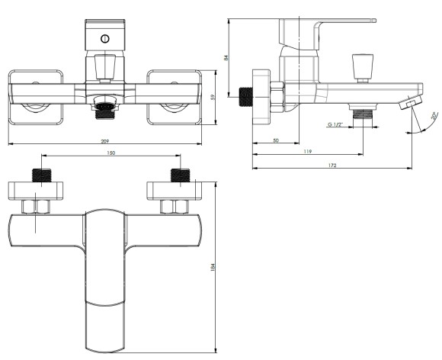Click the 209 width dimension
pyautogui.click(x=105, y=140)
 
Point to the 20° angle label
pyautogui.click(x=432, y=117)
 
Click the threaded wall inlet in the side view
pyautogui.click(x=246, y=96)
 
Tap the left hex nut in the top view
pyautogui.click(x=36, y=206)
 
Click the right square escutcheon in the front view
pyautogui.click(x=175, y=98)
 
